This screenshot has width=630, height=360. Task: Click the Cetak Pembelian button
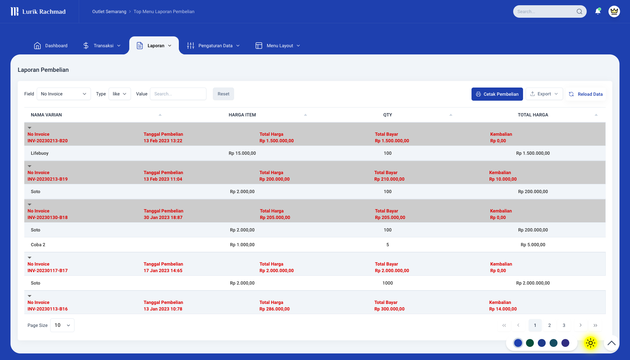click(x=497, y=94)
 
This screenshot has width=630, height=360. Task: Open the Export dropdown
click(x=544, y=94)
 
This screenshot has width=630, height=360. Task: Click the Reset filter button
click(x=223, y=94)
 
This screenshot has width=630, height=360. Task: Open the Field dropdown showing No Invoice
click(x=64, y=94)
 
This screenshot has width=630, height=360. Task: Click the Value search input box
click(x=178, y=94)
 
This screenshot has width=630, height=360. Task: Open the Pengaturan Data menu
click(x=214, y=46)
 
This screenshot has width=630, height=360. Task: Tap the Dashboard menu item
click(x=51, y=46)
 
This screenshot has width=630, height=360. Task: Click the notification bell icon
click(x=598, y=12)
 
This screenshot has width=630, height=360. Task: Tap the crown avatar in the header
click(x=614, y=12)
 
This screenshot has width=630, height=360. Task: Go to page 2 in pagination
click(x=550, y=325)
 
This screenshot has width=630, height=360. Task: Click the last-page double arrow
click(x=595, y=325)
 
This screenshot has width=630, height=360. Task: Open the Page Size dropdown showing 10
click(x=62, y=325)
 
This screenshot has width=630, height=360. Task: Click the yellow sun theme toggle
click(x=590, y=343)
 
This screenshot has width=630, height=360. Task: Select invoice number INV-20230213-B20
click(x=48, y=141)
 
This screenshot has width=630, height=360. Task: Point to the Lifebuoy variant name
click(x=40, y=153)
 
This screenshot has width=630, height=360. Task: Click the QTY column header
click(x=388, y=115)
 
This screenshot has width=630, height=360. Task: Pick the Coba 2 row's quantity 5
click(x=388, y=245)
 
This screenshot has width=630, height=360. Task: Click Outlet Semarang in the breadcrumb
click(x=109, y=12)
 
